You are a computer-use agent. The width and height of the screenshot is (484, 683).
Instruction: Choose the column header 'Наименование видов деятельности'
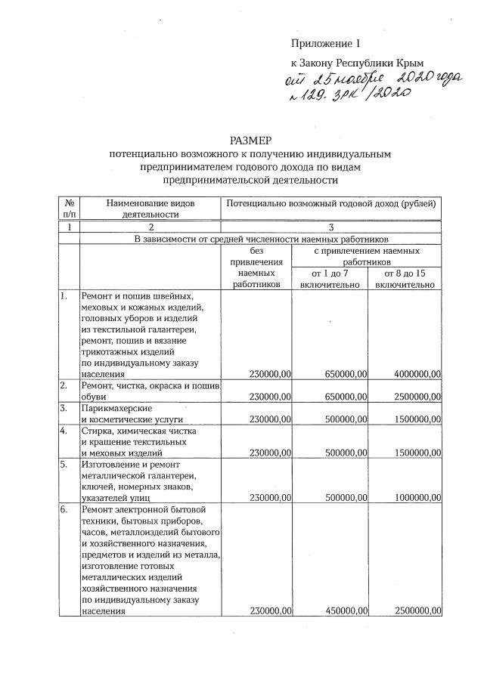[x=150, y=209]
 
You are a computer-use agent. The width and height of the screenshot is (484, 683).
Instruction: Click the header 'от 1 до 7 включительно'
[x=330, y=278]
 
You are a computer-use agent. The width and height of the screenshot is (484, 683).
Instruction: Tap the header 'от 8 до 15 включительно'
[x=405, y=278]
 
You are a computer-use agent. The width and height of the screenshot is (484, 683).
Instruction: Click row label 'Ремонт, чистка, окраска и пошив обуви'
[x=150, y=391]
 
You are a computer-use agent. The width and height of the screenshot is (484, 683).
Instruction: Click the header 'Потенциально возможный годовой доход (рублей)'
[x=330, y=204]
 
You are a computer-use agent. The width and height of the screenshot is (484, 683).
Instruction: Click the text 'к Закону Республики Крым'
[x=357, y=63]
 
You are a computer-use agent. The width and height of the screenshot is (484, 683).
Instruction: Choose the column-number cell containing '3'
[x=330, y=227]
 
